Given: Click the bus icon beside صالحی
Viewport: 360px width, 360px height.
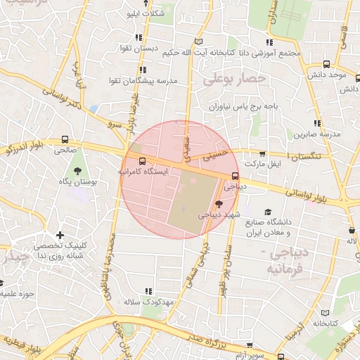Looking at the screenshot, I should (65, 139).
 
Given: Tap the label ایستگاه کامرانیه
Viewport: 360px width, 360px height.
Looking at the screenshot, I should (143, 172).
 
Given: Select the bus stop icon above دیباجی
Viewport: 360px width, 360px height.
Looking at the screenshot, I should (235, 176).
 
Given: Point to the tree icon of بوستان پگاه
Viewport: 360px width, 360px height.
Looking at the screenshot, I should (77, 171).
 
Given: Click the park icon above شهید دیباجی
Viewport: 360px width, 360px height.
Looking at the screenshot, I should (219, 203).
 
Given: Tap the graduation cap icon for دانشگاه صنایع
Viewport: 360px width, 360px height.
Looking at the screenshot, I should (267, 212).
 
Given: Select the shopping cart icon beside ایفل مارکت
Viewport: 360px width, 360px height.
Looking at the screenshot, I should (262, 153).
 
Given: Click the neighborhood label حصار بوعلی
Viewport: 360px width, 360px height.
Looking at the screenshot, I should (234, 79).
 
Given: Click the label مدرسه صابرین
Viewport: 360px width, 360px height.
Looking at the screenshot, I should (321, 133).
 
